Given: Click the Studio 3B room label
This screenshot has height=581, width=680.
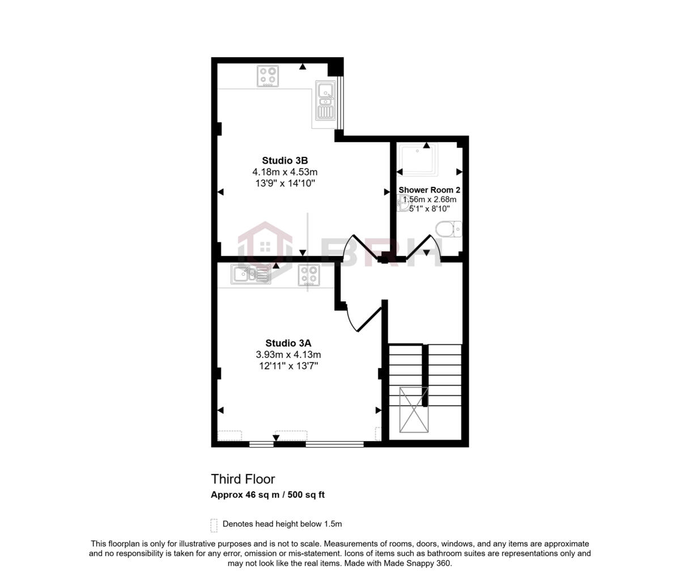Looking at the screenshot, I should tap(284, 160).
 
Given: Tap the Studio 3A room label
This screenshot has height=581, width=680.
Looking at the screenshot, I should tap(288, 343).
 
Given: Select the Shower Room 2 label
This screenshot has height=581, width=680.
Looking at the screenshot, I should tap(429, 190).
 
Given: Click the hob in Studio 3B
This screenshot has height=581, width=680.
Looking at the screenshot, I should tap(267, 76).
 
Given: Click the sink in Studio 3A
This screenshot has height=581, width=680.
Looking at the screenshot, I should tap(250, 275).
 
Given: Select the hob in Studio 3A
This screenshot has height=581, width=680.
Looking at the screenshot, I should tap(309, 275).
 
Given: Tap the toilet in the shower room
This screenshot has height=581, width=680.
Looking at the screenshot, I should tap(450, 229).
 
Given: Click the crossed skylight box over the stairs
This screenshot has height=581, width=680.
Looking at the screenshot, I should tap(414, 409).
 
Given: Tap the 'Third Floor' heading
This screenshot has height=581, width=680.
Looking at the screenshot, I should tap(243, 479).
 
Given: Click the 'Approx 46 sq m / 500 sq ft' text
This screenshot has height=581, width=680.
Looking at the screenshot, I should tap(267, 494).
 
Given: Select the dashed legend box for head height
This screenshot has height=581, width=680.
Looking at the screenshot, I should tap(214, 525).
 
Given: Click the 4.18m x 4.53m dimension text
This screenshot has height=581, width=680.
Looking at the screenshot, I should tap(284, 172).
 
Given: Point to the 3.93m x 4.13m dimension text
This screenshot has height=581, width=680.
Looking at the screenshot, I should tap(288, 354).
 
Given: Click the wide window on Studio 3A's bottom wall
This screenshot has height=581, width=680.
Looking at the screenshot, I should tap(334, 445).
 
